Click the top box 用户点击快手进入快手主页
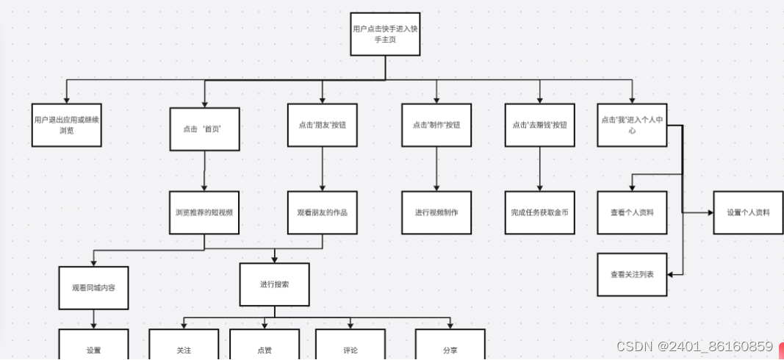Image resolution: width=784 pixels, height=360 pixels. tap(385, 34)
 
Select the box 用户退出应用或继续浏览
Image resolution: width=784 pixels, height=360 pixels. tap(67, 125)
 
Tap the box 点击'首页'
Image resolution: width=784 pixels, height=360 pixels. tap(204, 128)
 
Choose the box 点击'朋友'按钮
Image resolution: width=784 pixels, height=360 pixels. tap(322, 125)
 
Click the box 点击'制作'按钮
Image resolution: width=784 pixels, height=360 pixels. tap(436, 125)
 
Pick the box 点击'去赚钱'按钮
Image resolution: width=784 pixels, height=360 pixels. tap(540, 125)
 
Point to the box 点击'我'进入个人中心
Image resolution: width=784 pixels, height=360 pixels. tap(632, 125)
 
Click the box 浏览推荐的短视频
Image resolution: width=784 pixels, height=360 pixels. tap(204, 212)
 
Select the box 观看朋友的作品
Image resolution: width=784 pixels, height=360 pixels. tap(322, 212)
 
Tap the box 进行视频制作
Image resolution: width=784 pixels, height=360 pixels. tap(436, 212)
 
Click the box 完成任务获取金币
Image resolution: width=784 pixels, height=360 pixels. tap(540, 212)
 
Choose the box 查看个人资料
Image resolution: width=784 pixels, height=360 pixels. tap(632, 212)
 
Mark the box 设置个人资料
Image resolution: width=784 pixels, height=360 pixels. tap(748, 212)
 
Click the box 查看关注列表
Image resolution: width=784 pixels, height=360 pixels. tap(632, 274)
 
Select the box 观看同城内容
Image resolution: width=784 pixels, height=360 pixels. tap(93, 287)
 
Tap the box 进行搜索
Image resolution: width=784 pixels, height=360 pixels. tap(275, 284)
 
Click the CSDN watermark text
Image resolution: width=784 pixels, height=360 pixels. tap(694, 346)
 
